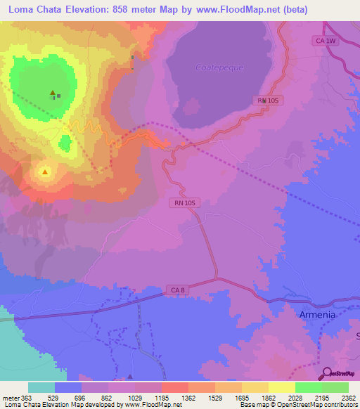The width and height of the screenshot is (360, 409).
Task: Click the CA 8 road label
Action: pyautogui.click(x=177, y=289)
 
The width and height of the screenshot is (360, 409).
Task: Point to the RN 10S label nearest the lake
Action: pyautogui.click(x=269, y=101)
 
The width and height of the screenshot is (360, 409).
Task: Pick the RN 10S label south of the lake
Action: pyautogui.click(x=185, y=203)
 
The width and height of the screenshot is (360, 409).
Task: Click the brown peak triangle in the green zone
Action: pyautogui.click(x=52, y=93)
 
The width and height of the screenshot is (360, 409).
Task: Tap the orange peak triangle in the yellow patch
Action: pyautogui.click(x=46, y=171)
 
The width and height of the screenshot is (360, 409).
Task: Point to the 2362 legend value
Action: pyautogui.click(x=340, y=397)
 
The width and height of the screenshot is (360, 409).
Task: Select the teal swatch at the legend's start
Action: pyautogui.click(x=41, y=387)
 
